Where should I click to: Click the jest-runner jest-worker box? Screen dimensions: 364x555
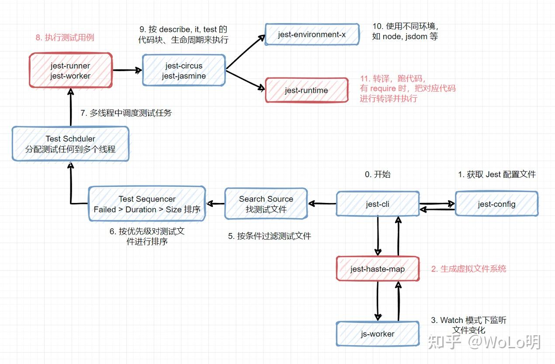[70, 71]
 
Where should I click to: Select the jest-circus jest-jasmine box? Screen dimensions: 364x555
[184, 71]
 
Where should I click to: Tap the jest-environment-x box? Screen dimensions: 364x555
[312, 34]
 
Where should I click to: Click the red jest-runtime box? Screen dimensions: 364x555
[306, 90]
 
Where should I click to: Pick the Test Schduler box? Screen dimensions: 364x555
[70, 144]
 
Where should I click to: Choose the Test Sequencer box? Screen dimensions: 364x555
[147, 204]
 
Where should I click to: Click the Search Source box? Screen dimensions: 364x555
[266, 204]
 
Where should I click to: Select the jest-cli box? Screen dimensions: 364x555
[378, 204]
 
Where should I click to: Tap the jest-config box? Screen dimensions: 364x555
[496, 204]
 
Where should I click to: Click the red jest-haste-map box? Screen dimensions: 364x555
[378, 269]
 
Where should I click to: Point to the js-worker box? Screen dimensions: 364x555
[378, 334]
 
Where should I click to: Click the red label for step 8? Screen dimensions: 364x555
[65, 38]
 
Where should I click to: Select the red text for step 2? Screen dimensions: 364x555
[468, 269]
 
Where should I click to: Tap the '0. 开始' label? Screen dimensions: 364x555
[378, 175]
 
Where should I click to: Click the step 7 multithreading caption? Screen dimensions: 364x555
[126, 113]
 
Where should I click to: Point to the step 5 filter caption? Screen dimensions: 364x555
[269, 236]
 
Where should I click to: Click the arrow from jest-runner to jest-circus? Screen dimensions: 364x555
[128, 70]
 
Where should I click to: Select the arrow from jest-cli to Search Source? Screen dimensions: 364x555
[322, 203]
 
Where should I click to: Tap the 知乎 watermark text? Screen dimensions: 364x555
[444, 342]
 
